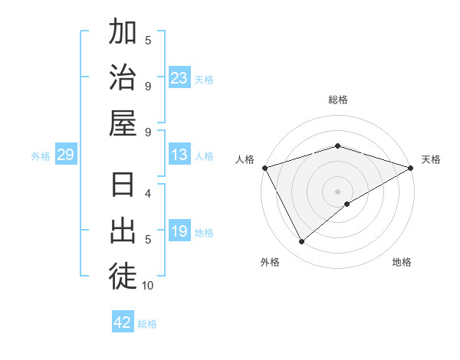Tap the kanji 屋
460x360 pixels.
pos(123,123)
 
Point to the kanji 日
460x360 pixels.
pos(123,186)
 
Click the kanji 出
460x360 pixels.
pos(123,231)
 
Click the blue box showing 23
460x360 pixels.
pos(179,78)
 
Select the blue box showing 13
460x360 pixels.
pos(179,155)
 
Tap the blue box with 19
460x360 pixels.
pos(179,232)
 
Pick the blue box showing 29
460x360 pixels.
pos(65,155)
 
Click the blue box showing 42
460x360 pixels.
pos(123,322)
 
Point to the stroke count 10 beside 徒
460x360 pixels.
pos(148,286)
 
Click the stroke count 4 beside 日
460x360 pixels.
pos(148,194)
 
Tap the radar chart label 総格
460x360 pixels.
pos(338,100)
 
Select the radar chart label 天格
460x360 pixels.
pos(431,159)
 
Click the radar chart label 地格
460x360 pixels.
pos(402,262)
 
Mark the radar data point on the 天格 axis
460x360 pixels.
pos(411,168)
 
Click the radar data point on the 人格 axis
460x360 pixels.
pos(265,168)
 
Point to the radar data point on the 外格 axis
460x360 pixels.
pos(302,242)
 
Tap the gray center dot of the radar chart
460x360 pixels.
pos(338,191)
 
